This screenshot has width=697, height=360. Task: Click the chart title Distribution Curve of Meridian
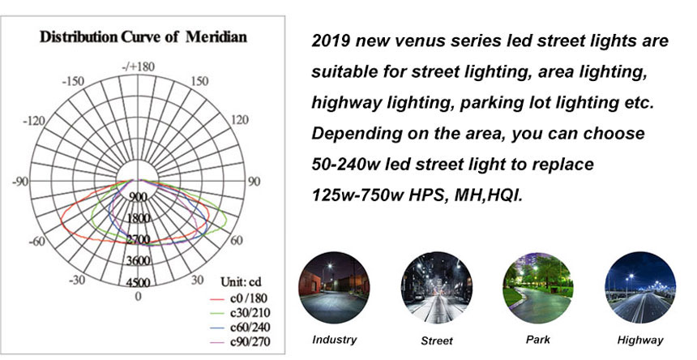143,36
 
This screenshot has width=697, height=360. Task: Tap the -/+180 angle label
139,66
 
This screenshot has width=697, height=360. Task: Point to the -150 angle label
73,82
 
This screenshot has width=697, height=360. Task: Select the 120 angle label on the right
240,120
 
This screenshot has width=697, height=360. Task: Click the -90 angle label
20,182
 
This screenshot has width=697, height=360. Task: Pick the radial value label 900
139,197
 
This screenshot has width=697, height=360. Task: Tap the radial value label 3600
139,260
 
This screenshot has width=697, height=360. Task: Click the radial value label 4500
139,282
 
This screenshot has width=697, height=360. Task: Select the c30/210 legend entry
240,312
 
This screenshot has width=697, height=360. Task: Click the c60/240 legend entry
240,327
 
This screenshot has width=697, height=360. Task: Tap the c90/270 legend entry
240,342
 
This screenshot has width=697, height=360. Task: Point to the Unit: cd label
242,282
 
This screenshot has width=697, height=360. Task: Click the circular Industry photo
334,288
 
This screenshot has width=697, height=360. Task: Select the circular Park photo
538,288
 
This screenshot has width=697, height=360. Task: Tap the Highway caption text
640,341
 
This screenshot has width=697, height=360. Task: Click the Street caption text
437,341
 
